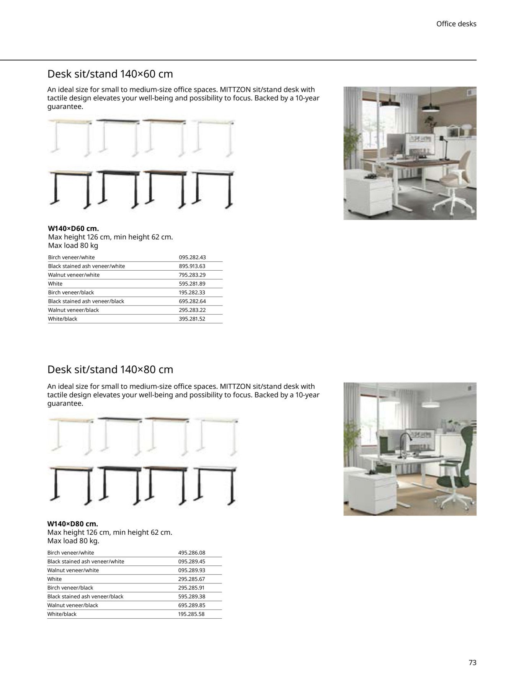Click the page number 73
[x=472, y=662]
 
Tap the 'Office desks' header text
[x=456, y=24]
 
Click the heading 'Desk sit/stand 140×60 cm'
[x=110, y=74]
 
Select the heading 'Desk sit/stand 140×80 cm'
[x=110, y=370]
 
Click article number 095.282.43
[x=192, y=257]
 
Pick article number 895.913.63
[x=192, y=266]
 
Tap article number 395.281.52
[x=192, y=319]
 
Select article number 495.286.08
[x=191, y=553]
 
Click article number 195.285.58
[x=191, y=614]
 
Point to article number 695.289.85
[x=191, y=605]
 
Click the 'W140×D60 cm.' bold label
[x=73, y=229]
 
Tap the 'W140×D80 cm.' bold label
[x=72, y=524]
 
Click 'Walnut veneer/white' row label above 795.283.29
[x=73, y=275]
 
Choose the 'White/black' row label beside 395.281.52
[x=62, y=319]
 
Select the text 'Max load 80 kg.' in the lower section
[x=73, y=541]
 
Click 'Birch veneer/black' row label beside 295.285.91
[x=70, y=588]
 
